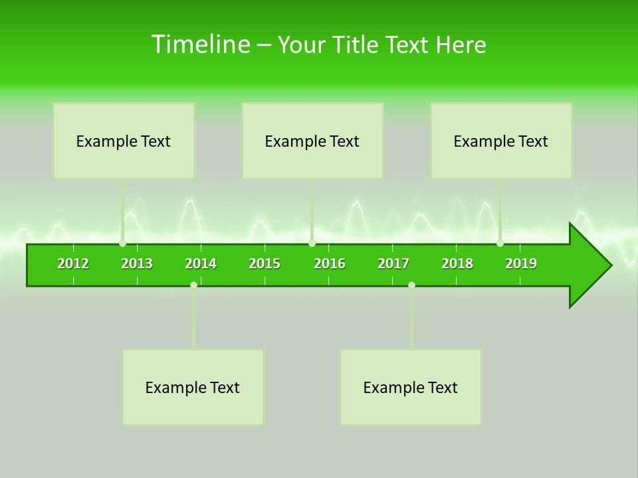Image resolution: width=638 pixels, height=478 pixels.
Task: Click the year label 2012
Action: coord(73,264)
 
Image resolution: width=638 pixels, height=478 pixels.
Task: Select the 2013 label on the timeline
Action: coord(137,264)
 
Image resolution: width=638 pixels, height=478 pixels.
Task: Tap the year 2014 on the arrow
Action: coord(201,264)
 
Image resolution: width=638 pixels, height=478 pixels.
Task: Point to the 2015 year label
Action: coord(265,264)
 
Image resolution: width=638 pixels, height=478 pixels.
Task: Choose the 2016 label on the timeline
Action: coord(330,264)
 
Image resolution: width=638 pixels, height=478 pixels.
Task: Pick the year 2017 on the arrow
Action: coord(393,264)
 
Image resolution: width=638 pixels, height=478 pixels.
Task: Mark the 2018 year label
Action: coord(457,264)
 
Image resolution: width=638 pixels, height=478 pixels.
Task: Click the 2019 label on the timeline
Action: coord(521,264)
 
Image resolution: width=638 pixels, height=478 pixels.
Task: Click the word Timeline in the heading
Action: coord(200,44)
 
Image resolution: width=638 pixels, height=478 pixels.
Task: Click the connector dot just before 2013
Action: coord(123,244)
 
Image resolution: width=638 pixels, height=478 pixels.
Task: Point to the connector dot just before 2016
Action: coord(312,244)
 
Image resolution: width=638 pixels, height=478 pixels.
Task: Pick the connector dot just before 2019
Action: coord(500,244)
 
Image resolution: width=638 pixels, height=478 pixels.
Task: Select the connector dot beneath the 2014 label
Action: coord(193,285)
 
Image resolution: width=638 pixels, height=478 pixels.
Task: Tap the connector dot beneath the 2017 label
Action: coord(411,285)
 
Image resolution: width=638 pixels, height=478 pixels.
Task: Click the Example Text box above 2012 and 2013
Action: coord(124,141)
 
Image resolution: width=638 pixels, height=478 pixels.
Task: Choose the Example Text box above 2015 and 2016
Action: coord(312,141)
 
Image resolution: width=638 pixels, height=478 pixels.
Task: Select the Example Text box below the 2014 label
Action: coord(193,387)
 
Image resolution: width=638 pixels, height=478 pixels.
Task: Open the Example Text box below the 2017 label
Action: coord(411,387)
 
